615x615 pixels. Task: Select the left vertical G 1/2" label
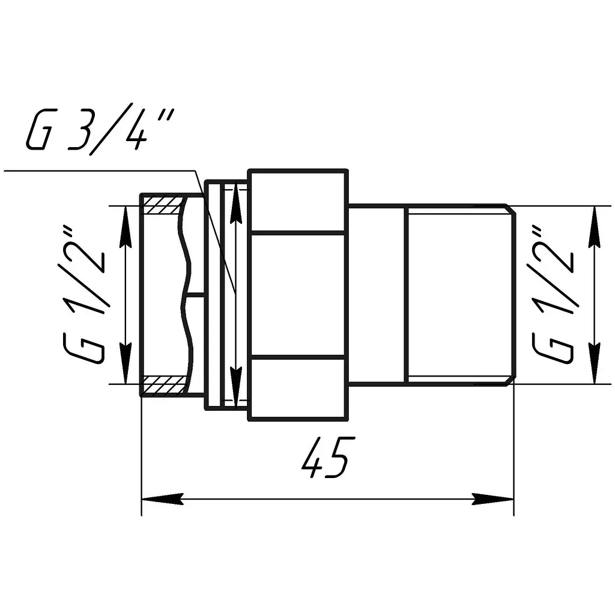[83, 294]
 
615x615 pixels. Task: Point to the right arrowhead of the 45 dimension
[492, 499]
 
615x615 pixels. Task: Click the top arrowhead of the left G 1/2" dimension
[125, 226]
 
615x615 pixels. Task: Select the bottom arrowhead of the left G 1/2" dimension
[125, 363]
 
